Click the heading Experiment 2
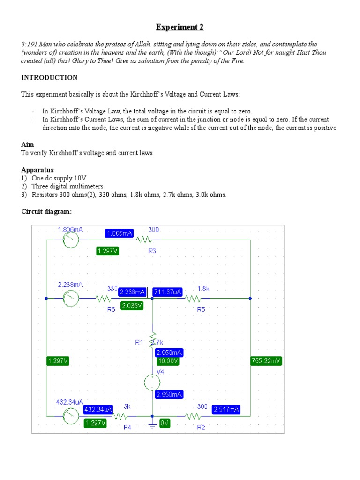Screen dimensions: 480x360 click(x=180, y=27)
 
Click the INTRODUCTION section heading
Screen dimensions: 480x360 click(x=49, y=77)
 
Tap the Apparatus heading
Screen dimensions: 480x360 click(x=37, y=170)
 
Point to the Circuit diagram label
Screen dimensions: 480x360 click(x=46, y=211)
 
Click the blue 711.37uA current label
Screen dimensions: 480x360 click(x=168, y=292)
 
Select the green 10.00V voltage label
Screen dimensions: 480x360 click(x=168, y=361)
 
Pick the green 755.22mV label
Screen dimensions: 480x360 click(x=266, y=361)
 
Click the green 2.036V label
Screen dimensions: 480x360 click(x=131, y=306)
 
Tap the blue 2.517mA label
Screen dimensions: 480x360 click(x=226, y=410)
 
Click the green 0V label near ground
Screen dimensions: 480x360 click(x=164, y=423)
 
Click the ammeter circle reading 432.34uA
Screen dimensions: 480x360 click(x=70, y=416)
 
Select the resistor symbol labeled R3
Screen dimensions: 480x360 click(x=144, y=240)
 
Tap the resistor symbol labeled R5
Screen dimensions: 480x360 click(x=194, y=298)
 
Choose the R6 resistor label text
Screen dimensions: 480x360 click(x=111, y=309)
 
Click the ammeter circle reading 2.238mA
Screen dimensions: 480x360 click(x=70, y=298)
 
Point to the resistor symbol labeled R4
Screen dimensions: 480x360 click(x=120, y=416)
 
